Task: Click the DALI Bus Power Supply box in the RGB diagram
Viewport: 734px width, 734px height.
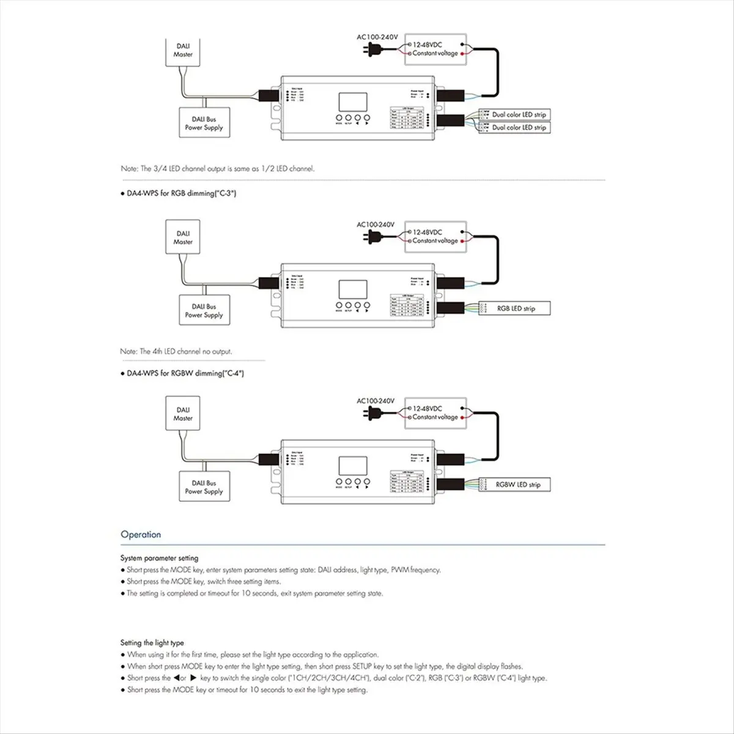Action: [204, 311]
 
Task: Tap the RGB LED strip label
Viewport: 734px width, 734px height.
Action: [516, 308]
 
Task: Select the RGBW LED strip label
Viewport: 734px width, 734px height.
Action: [518, 484]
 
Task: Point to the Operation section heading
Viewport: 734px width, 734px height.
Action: [141, 535]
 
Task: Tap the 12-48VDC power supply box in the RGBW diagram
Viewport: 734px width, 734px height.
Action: [436, 413]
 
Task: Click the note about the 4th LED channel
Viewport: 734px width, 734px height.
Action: [176, 352]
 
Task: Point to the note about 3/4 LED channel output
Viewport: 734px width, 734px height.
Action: [217, 168]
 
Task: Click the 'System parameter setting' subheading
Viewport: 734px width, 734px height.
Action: [159, 558]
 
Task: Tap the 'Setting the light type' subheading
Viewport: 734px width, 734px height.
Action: [152, 643]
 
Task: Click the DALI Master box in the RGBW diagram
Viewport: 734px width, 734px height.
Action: [183, 414]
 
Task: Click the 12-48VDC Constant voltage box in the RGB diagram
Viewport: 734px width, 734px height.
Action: [436, 237]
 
